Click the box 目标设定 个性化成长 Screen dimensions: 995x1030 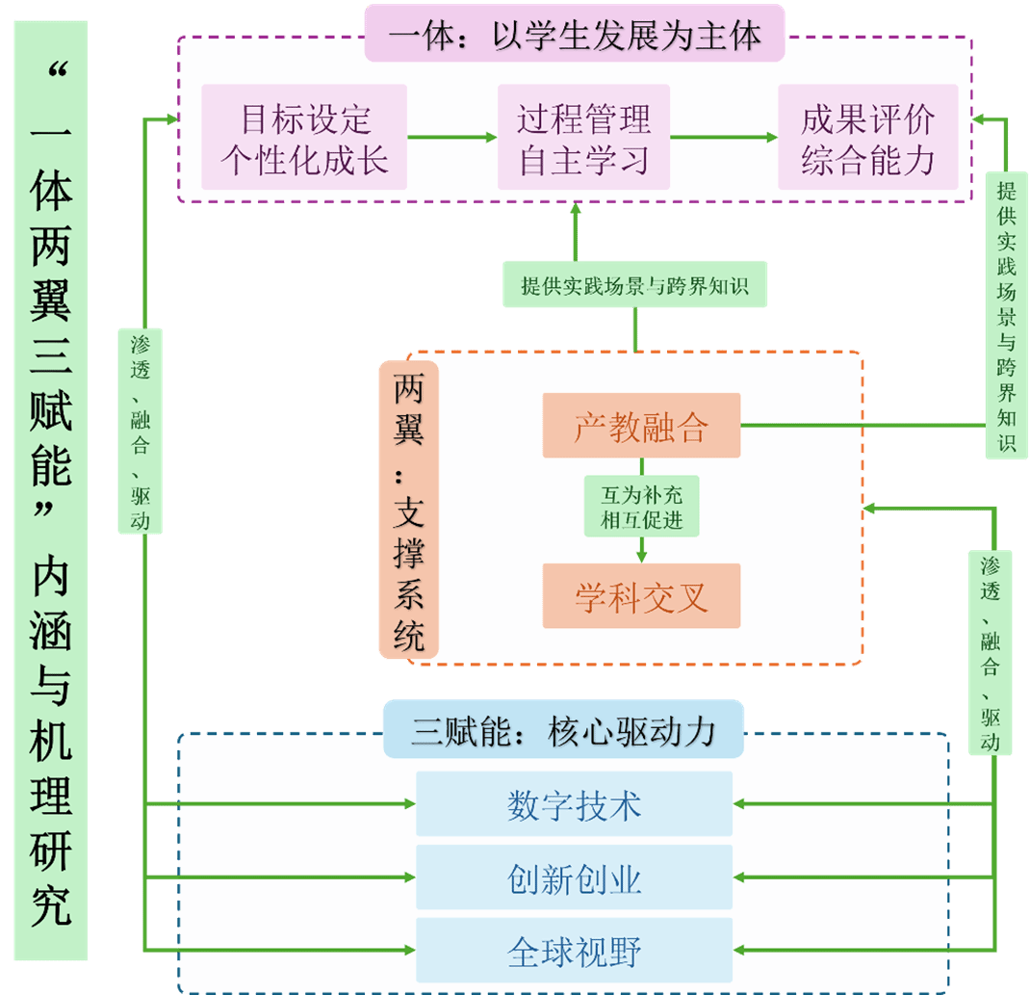click(x=304, y=138)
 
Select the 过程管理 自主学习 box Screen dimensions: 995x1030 click(x=583, y=138)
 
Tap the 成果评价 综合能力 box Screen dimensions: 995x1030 click(x=867, y=138)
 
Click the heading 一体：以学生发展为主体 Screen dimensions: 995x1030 click(x=575, y=35)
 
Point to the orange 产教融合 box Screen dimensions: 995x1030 click(x=641, y=425)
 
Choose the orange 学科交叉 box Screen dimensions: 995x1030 click(x=641, y=596)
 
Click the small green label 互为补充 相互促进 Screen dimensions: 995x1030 click(x=641, y=507)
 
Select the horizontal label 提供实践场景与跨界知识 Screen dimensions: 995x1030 click(x=634, y=284)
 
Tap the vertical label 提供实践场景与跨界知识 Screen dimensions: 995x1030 click(x=1006, y=315)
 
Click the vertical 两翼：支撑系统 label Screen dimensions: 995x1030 click(x=409, y=511)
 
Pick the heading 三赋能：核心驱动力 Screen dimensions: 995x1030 click(x=563, y=730)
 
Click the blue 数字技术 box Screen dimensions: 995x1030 click(x=574, y=803)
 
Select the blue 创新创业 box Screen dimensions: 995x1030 click(x=574, y=877)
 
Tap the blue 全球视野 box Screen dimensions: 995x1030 click(x=574, y=951)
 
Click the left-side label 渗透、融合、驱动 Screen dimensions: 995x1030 click(x=141, y=431)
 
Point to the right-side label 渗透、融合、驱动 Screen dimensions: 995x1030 click(x=991, y=652)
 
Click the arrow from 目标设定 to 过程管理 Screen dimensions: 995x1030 click(x=451, y=138)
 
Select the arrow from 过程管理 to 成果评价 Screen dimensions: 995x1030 click(x=723, y=138)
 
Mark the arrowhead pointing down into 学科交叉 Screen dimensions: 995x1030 click(x=642, y=555)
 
